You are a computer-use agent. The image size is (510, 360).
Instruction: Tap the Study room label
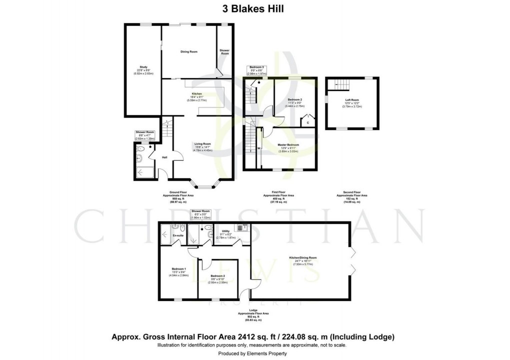[143, 66]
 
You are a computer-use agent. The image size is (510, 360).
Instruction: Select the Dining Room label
[189, 51]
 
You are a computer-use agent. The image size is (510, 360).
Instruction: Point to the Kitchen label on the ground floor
[196, 93]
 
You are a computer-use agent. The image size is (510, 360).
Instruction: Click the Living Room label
[203, 143]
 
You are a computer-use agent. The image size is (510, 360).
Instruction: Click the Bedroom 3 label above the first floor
[257, 67]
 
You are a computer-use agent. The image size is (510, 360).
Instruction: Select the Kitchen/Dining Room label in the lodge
[302, 257]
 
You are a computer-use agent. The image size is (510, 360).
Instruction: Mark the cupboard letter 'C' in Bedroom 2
[307, 122]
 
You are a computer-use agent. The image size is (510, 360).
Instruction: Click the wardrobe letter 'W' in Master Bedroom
[258, 148]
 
